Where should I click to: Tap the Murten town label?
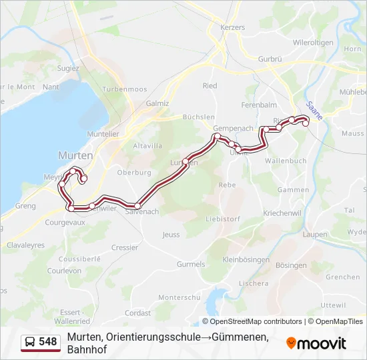click(75, 155)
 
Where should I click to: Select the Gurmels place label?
click(191, 264)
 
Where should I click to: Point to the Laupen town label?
click(314, 235)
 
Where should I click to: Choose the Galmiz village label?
click(157, 103)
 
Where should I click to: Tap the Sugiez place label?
click(68, 68)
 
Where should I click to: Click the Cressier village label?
click(125, 247)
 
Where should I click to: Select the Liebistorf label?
click(222, 218)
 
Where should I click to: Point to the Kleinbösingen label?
click(246, 259)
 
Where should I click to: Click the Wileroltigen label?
click(312, 43)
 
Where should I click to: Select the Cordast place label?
click(137, 312)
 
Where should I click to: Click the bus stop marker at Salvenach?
click(137, 205)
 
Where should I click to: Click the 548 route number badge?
click(41, 342)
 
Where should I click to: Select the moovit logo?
click(316, 343)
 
